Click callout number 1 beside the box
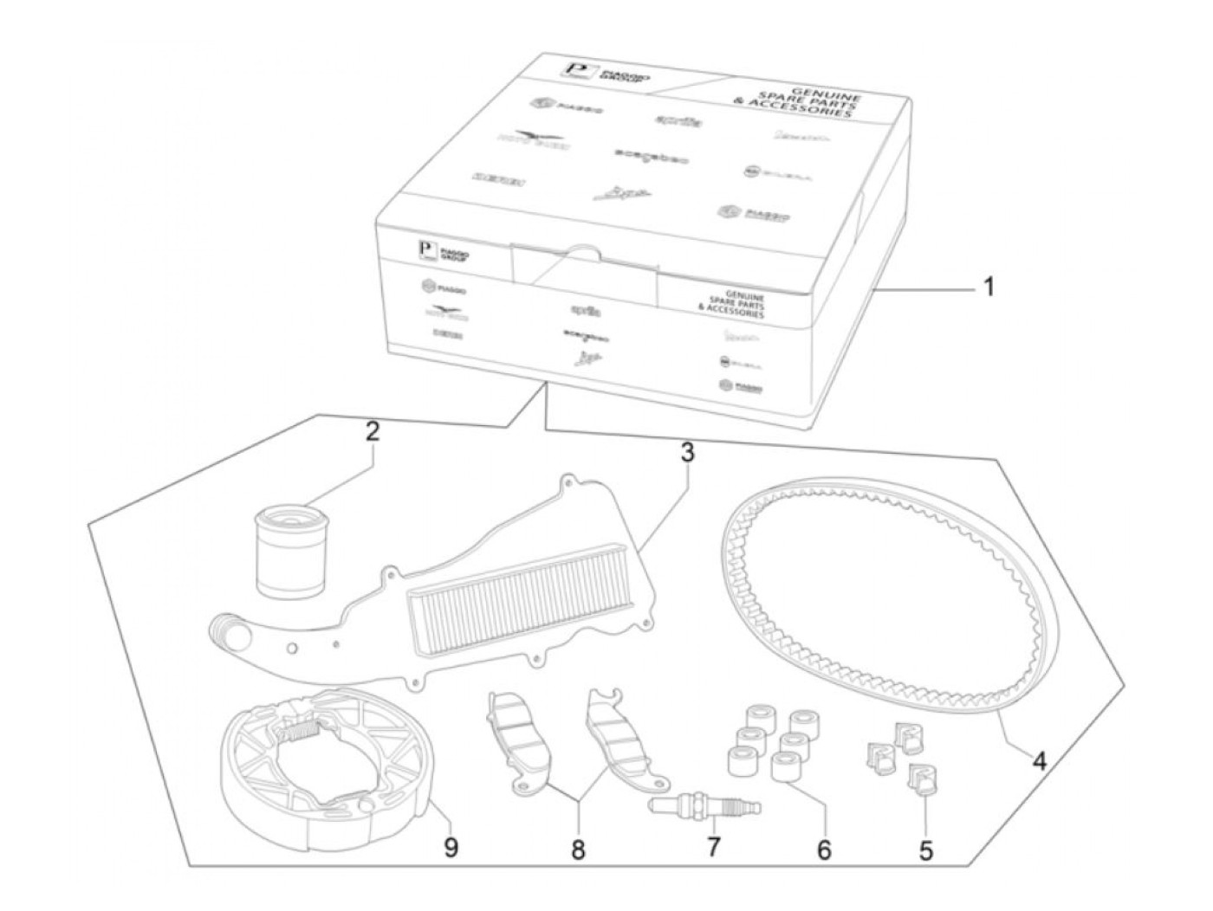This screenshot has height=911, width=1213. click(988, 286)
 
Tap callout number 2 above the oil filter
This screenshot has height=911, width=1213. click(372, 432)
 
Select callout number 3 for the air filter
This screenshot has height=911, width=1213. click(686, 452)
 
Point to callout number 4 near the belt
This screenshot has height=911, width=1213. click(1039, 761)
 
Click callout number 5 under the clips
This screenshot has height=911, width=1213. click(926, 851)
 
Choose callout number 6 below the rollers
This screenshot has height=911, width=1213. click(823, 850)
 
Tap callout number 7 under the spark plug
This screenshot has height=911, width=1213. click(712, 846)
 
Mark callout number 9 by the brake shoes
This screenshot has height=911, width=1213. click(450, 848)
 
